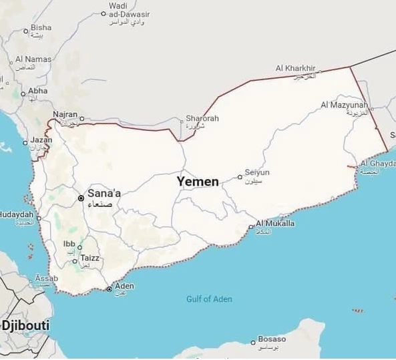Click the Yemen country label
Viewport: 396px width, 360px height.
pyautogui.click(x=198, y=181)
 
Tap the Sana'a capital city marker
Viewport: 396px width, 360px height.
pyautogui.click(x=81, y=198)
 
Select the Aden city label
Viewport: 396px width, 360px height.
pyautogui.click(x=125, y=286)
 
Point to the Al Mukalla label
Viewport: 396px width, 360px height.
pyautogui.click(x=274, y=224)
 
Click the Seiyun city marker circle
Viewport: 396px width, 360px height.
pyautogui.click(x=240, y=177)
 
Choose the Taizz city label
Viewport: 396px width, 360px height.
pyautogui.click(x=89, y=258)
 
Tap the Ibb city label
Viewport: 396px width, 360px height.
pyautogui.click(x=69, y=244)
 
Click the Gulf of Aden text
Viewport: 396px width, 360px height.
pyautogui.click(x=209, y=299)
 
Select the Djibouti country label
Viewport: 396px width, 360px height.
pyautogui.click(x=25, y=325)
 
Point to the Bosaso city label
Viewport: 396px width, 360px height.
pyautogui.click(x=272, y=340)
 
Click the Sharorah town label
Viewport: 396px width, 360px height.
pyautogui.click(x=202, y=118)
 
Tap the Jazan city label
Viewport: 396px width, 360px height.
pyautogui.click(x=41, y=140)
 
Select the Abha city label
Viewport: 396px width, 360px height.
pyautogui.click(x=38, y=90)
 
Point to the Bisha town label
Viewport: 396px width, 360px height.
pyautogui.click(x=41, y=27)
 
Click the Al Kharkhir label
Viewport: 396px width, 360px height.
pyautogui.click(x=295, y=68)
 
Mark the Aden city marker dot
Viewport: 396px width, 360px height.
pyautogui.click(x=109, y=289)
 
